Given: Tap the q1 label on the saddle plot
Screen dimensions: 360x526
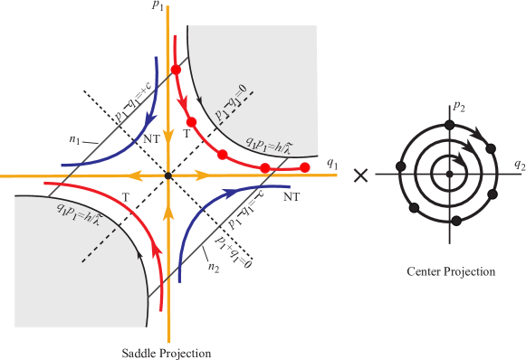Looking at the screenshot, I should (x=332, y=164).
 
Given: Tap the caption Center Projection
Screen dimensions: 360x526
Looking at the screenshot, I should (x=451, y=270).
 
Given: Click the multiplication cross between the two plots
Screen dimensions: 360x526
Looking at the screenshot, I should (x=361, y=174).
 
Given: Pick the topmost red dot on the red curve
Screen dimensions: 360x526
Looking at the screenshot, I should (x=177, y=70).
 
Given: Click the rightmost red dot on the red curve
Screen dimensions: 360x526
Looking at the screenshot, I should (x=305, y=167).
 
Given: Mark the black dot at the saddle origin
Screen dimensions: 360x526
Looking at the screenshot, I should (x=168, y=174).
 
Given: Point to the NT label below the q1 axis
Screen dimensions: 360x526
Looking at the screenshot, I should (x=292, y=194).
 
